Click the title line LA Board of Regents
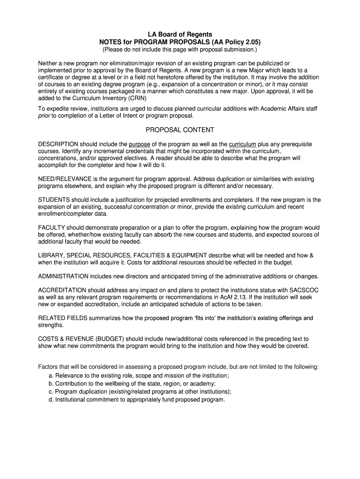tap(180, 34)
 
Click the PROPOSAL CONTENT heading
tap(180, 130)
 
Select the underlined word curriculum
tap(243, 144)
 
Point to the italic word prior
tap(44, 116)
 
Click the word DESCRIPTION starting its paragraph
tap(58, 144)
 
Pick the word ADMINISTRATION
tap(63, 276)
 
